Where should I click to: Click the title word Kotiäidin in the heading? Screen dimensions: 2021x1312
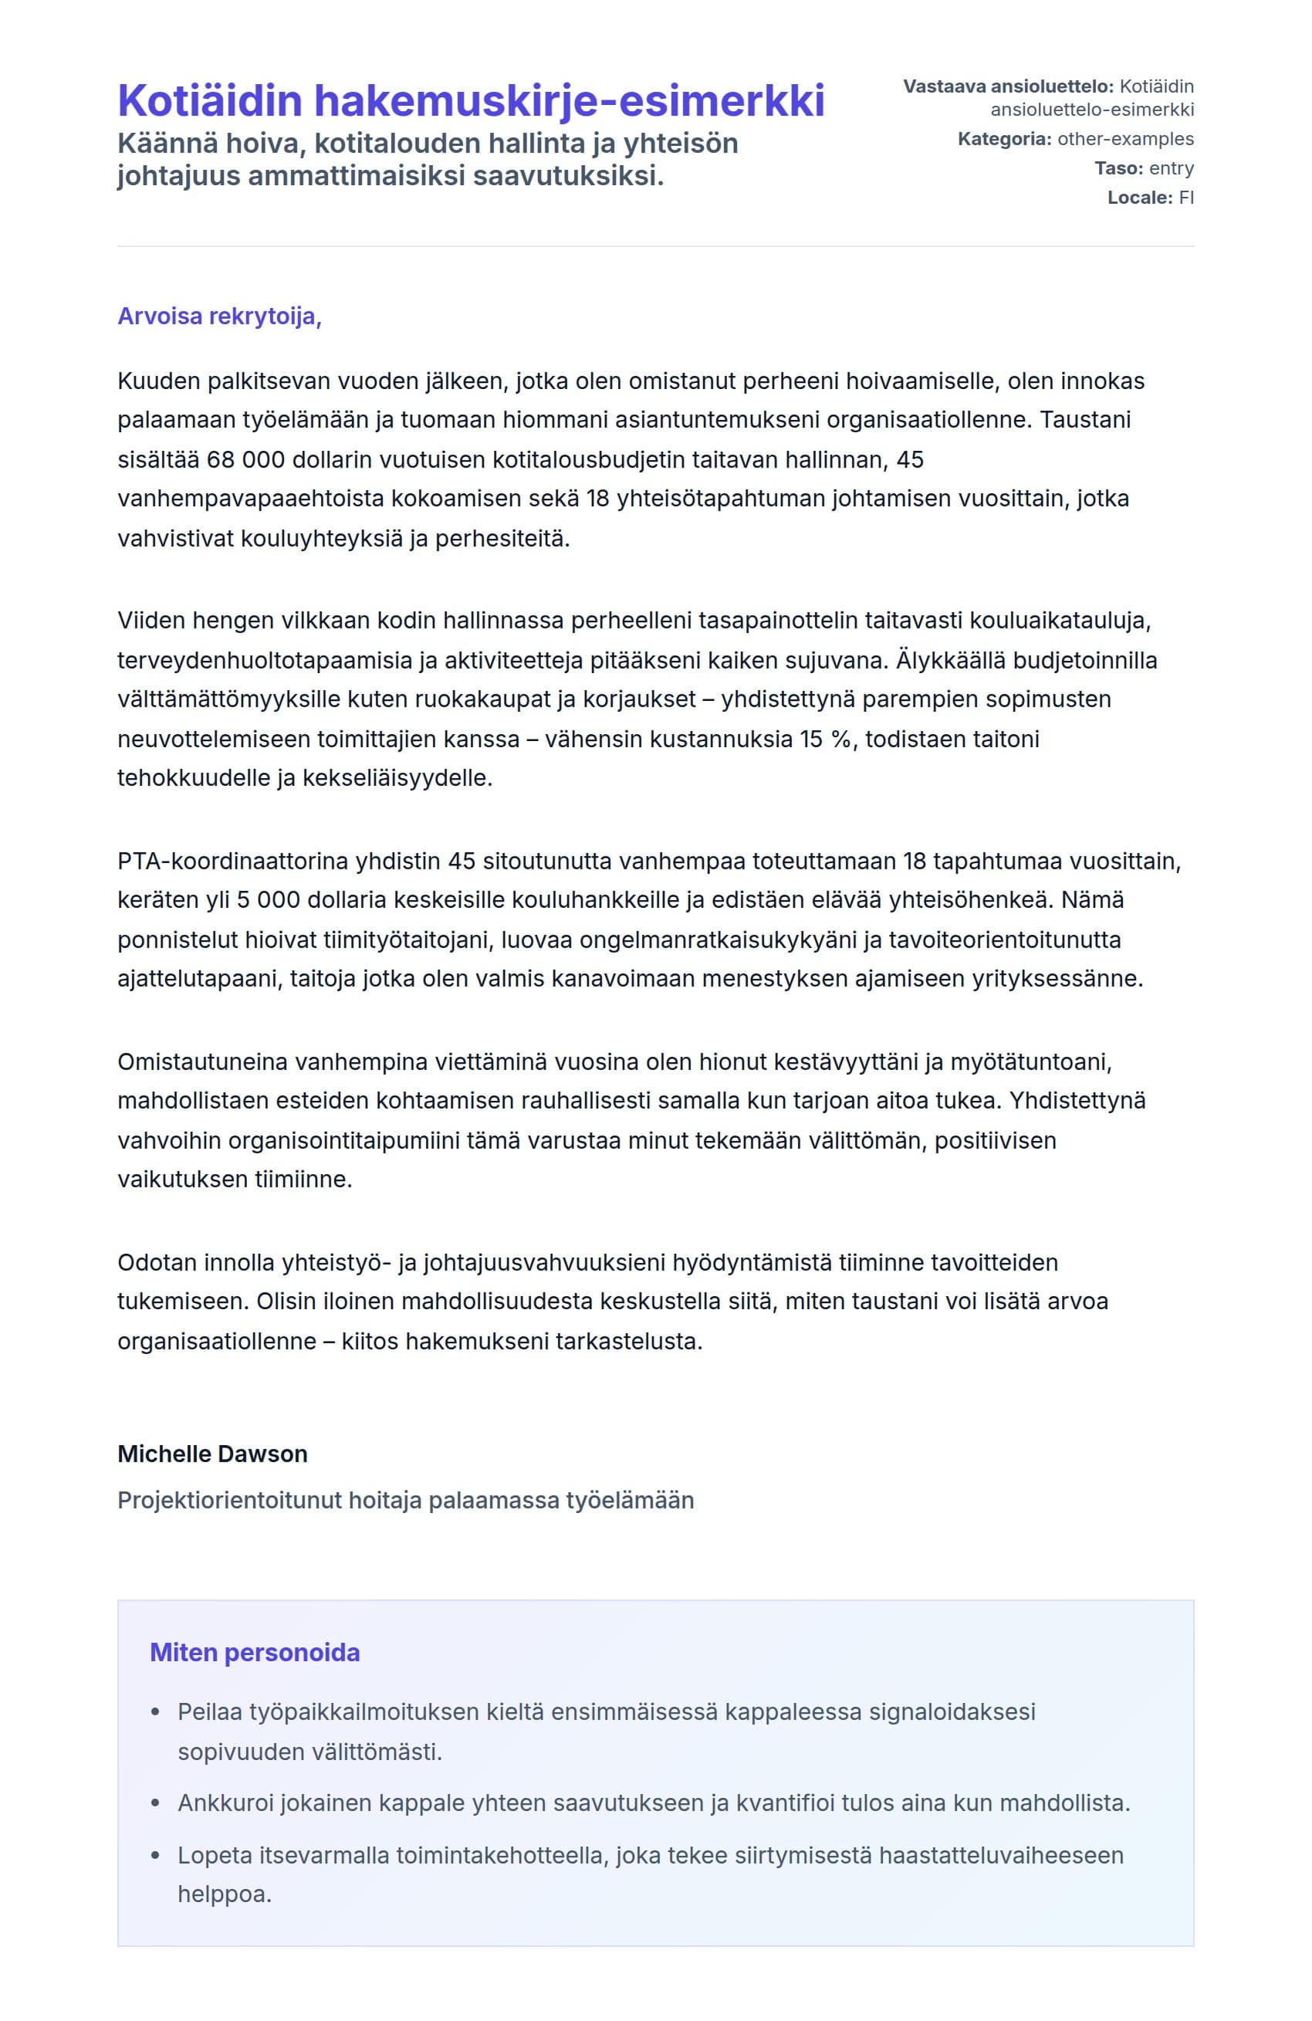[209, 100]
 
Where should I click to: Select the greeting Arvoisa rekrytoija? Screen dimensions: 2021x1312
[218, 316]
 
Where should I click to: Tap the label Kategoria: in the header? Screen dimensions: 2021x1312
[1004, 139]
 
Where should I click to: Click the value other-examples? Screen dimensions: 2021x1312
[1125, 139]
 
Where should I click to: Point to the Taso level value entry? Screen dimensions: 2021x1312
[1171, 168]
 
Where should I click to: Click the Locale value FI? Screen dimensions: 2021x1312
[1185, 197]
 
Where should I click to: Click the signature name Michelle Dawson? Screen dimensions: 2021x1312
[212, 1454]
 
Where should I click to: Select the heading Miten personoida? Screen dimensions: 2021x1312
[255, 1653]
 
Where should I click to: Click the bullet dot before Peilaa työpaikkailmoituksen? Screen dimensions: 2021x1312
[154, 1712]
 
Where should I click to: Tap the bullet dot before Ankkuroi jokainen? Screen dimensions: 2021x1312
[154, 1803]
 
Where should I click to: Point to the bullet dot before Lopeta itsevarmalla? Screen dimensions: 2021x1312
[154, 1856]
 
